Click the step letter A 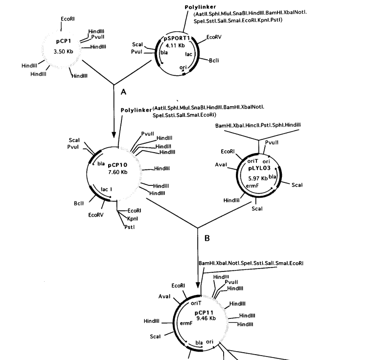tap(116, 91)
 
